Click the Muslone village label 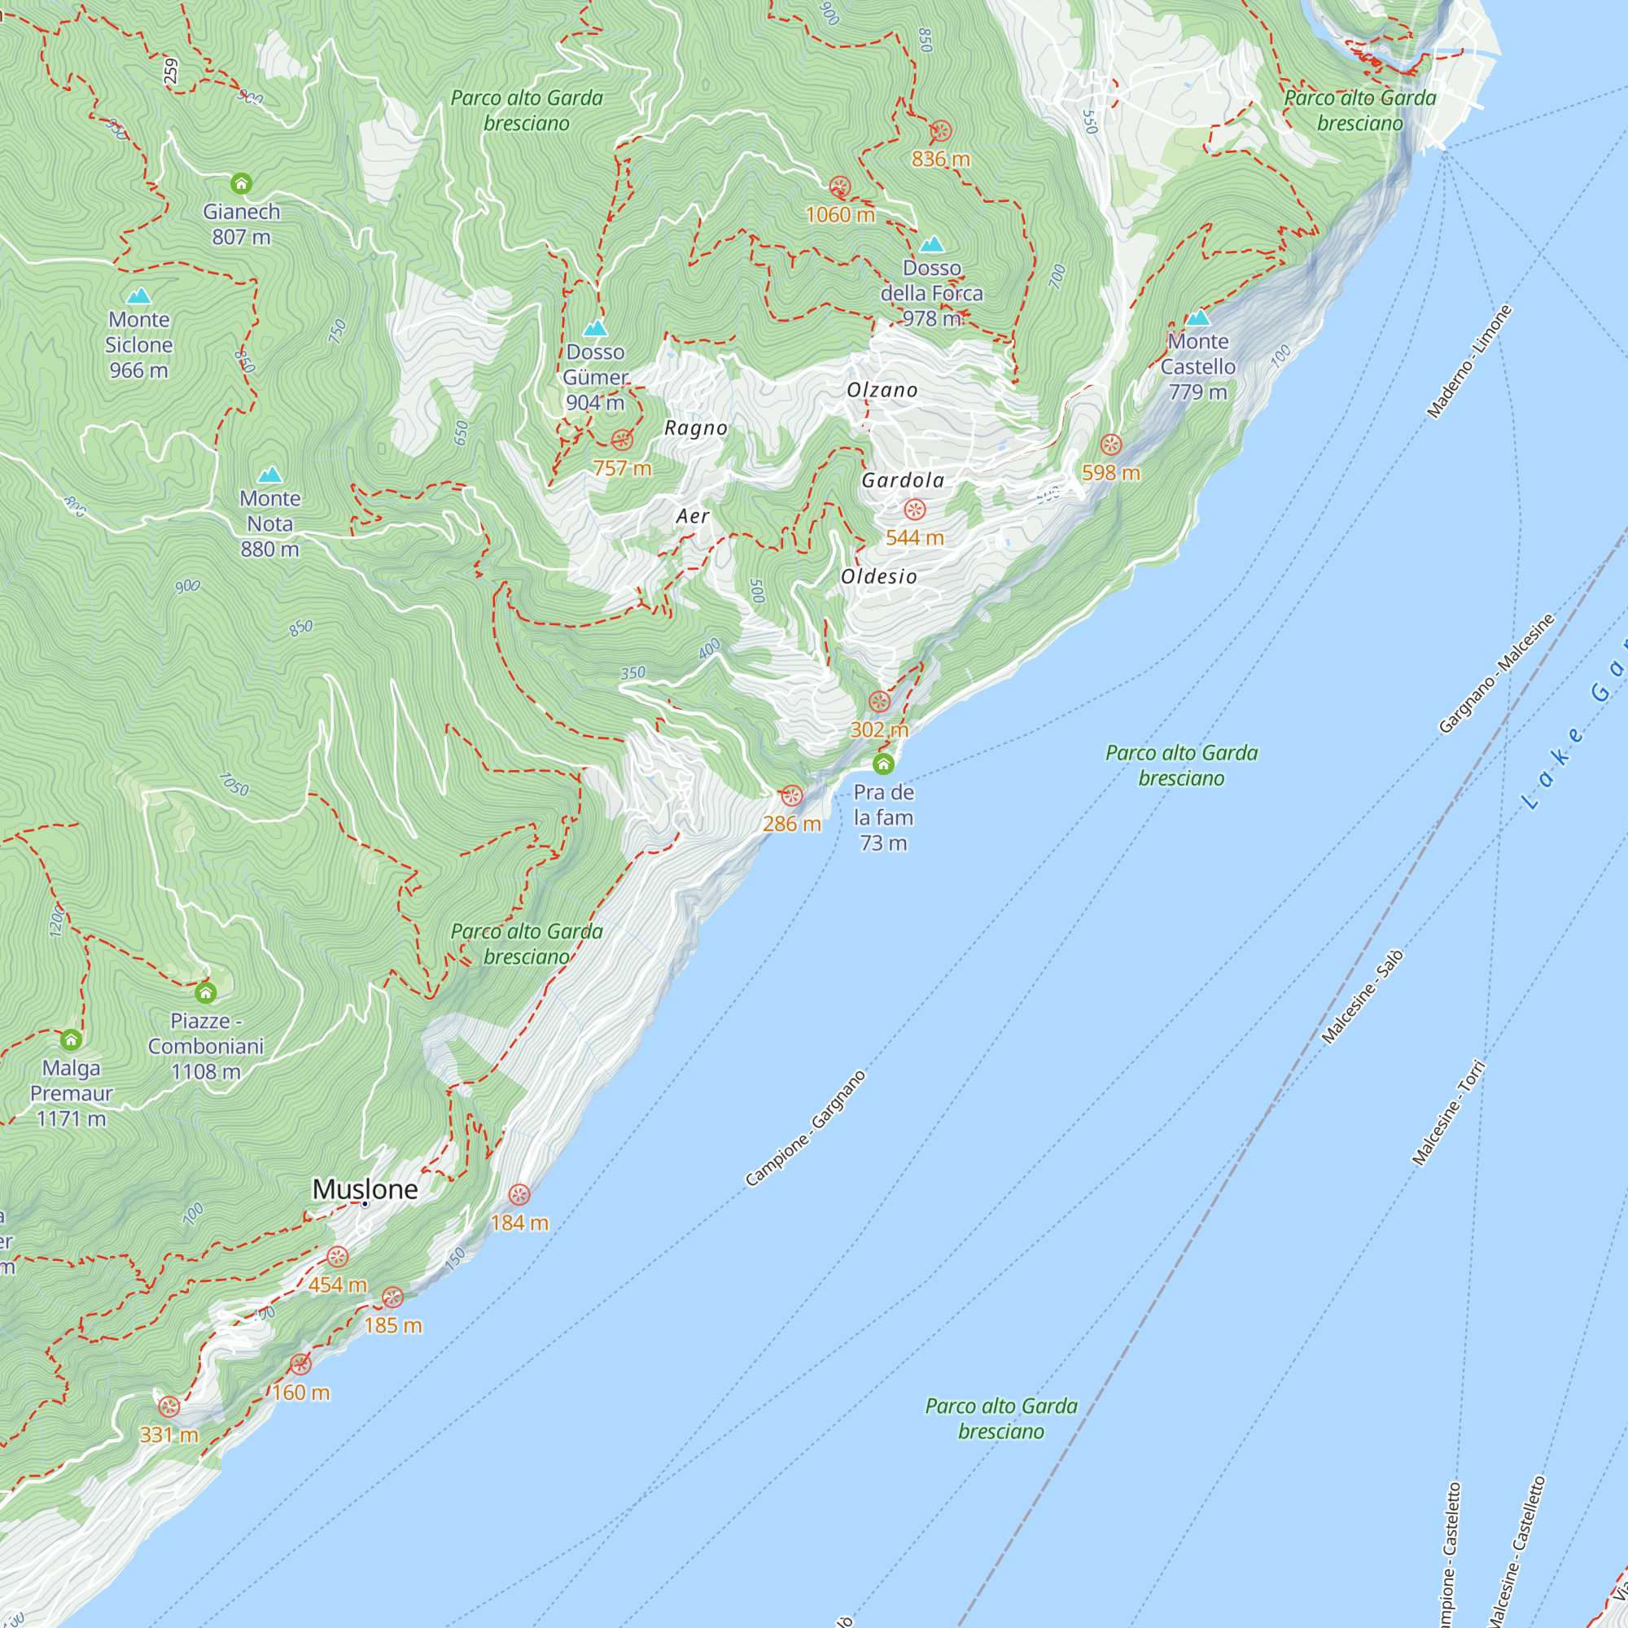365,1189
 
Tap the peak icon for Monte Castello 1197,317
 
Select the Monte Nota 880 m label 269,523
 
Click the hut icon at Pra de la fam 883,764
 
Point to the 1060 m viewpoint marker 839,187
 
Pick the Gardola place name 903,480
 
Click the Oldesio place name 879,576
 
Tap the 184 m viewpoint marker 519,1195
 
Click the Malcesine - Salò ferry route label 1362,996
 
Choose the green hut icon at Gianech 241,183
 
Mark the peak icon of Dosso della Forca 931,244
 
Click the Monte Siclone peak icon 138,295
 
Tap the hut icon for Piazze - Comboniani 206,992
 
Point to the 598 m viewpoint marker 1110,445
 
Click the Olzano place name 882,390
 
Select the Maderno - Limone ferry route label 1468,361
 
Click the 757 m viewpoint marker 622,440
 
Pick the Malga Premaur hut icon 71,1039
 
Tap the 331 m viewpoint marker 169,1407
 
